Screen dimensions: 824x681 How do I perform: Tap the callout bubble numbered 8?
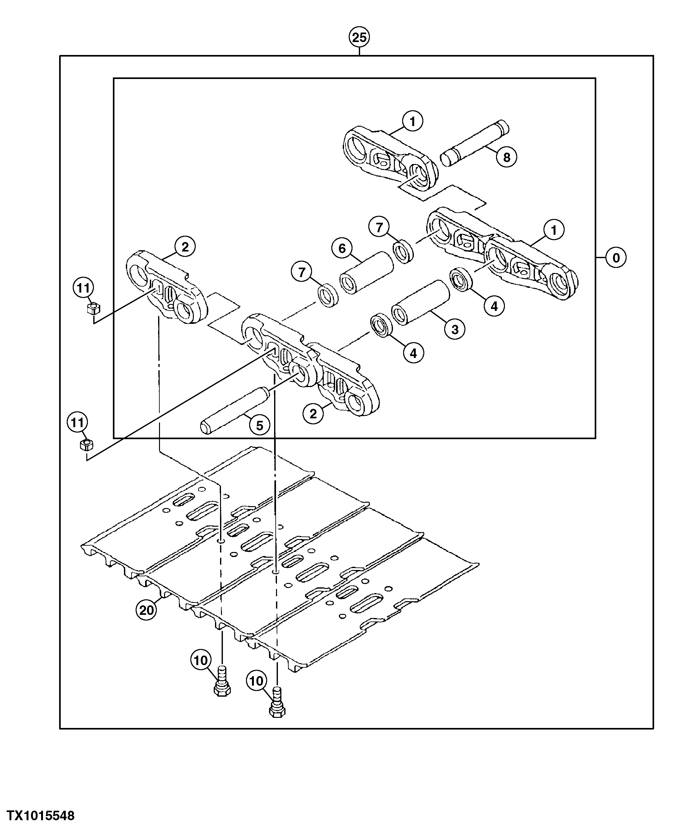506,157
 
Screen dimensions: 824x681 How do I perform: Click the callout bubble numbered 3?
455,329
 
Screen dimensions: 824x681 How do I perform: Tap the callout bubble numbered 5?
259,425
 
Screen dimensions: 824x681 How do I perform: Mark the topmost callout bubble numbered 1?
412,122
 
